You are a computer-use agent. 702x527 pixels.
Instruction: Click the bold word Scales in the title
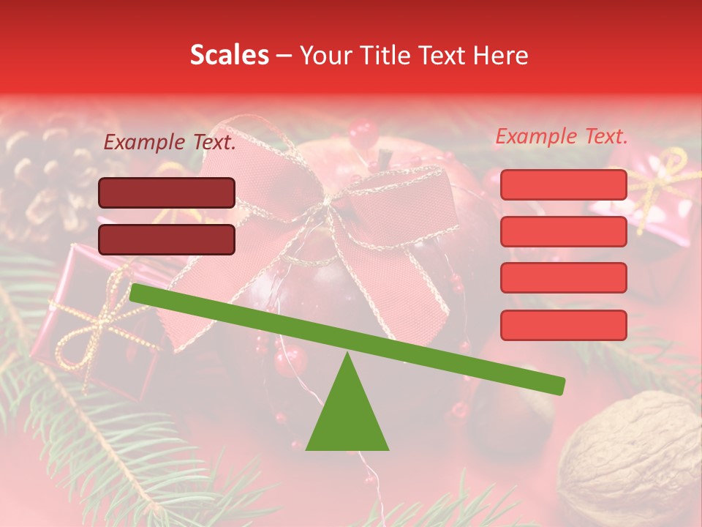point(229,55)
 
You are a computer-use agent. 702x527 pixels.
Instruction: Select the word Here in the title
point(501,56)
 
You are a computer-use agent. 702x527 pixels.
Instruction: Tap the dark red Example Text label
point(170,143)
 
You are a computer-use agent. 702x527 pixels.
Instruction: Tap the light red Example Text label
point(562,136)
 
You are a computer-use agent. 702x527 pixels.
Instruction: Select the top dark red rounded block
point(167,193)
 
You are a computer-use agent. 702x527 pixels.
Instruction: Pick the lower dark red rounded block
point(167,239)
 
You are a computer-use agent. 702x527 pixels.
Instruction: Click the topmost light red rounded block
point(563,184)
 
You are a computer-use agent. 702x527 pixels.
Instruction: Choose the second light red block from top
point(563,231)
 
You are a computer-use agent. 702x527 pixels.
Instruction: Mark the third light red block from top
point(563,277)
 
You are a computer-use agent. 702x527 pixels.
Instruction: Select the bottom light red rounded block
point(563,325)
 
